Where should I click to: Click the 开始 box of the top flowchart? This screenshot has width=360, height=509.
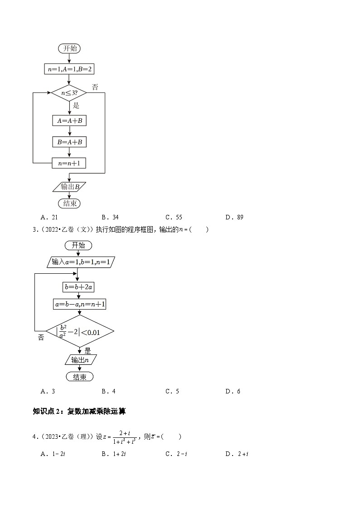coord(70,48)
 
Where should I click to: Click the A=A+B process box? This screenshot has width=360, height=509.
coord(69,121)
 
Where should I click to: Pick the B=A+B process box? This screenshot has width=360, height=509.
coord(69,142)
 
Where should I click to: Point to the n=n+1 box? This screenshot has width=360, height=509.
coord(69,163)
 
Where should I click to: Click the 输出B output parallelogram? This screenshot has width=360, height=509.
coord(69,186)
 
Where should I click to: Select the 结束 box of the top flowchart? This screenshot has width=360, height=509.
coord(69,204)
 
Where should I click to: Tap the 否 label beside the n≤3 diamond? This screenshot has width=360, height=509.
coord(95,87)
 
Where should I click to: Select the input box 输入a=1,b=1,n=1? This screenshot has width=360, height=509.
coord(80,262)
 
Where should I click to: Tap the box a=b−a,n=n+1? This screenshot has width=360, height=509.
coord(80,305)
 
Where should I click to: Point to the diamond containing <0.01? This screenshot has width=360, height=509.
coord(80,332)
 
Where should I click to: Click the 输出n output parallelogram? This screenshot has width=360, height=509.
coord(80,360)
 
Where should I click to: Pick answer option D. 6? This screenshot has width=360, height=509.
coord(233,392)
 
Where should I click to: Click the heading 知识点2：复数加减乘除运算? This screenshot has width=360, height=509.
coord(79,412)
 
